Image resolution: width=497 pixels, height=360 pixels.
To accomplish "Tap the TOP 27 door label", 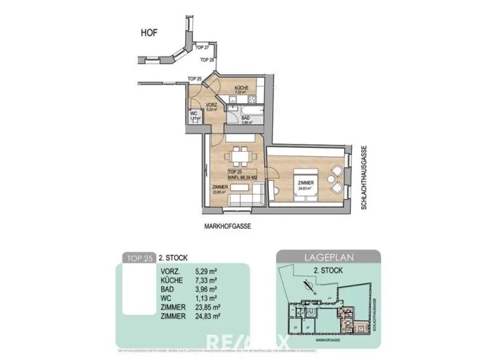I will (202, 48).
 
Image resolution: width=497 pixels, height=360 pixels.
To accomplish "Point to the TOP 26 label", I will (207, 60).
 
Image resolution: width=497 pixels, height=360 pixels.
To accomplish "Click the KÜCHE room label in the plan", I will (241, 88).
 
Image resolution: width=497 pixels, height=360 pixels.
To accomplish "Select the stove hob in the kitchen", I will (253, 99).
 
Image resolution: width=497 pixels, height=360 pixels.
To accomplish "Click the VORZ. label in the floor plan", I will (211, 105).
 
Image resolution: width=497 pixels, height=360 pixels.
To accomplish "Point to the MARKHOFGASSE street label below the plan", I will (228, 226).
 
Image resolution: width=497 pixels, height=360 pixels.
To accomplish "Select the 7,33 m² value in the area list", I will (206, 280).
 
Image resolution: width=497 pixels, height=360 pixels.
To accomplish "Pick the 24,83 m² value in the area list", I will (208, 316).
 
